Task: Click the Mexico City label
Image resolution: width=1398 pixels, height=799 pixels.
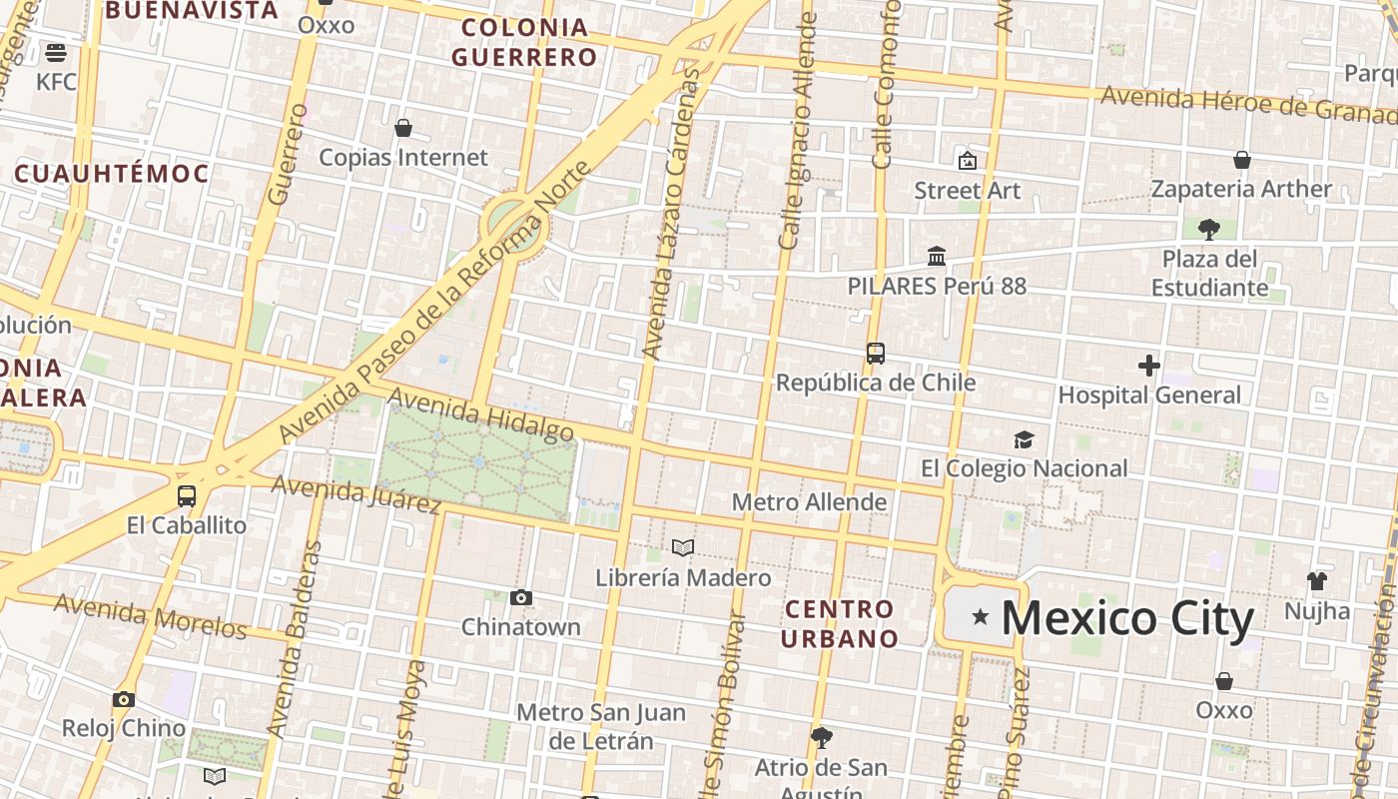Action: pyautogui.click(x=1127, y=618)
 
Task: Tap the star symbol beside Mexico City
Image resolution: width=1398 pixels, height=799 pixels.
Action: pyautogui.click(x=981, y=617)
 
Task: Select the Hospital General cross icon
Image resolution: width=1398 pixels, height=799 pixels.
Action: pyautogui.click(x=1149, y=366)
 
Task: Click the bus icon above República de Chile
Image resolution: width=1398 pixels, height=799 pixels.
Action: pyautogui.click(x=876, y=354)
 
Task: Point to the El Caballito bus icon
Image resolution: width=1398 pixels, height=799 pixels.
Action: pyautogui.click(x=187, y=496)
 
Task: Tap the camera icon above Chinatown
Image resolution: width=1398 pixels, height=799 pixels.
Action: pyautogui.click(x=520, y=598)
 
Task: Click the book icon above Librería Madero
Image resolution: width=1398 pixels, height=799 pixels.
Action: pyautogui.click(x=683, y=548)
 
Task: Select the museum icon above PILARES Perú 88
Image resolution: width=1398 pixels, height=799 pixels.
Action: pyautogui.click(x=937, y=257)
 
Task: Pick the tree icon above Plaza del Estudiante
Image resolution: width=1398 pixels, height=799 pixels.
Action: pyautogui.click(x=1209, y=230)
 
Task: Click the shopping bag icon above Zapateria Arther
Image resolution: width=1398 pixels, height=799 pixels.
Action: pyautogui.click(x=1242, y=160)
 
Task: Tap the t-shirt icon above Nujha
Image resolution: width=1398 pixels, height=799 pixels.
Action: pyautogui.click(x=1317, y=581)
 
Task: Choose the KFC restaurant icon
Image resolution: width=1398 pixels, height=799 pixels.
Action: pyautogui.click(x=56, y=53)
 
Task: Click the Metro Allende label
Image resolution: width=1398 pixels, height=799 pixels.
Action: pyautogui.click(x=809, y=501)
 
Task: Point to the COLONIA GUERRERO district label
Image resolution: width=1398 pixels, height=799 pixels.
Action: pyautogui.click(x=524, y=42)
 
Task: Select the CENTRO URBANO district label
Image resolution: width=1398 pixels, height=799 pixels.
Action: pyautogui.click(x=839, y=623)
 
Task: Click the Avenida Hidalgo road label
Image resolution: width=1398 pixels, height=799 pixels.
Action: pyautogui.click(x=480, y=414)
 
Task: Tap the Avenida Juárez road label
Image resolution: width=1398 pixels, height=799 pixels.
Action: pyautogui.click(x=355, y=494)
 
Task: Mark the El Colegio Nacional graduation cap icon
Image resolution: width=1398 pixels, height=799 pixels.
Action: pyautogui.click(x=1024, y=439)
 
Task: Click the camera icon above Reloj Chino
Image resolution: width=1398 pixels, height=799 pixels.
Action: pyautogui.click(x=124, y=699)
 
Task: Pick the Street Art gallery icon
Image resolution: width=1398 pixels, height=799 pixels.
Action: pyautogui.click(x=967, y=161)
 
